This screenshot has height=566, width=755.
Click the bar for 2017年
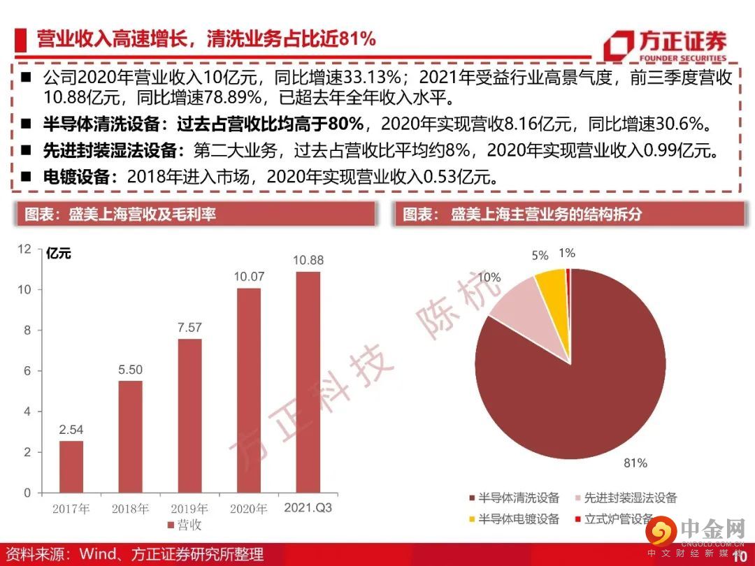pyautogui.click(x=71, y=466)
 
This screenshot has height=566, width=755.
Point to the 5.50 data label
pyautogui.click(x=130, y=369)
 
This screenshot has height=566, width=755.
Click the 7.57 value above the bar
pyautogui.click(x=189, y=327)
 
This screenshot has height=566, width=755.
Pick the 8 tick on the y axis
pyautogui.click(x=27, y=331)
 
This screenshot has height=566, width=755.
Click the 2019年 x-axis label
pyautogui.click(x=189, y=509)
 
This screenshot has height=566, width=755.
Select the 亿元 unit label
pyautogui.click(x=58, y=254)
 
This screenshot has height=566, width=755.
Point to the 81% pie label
pyautogui.click(x=635, y=463)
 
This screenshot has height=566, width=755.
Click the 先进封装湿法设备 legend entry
pyautogui.click(x=625, y=498)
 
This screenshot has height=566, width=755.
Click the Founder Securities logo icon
pyautogui.click(x=619, y=45)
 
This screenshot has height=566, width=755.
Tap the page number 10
pyautogui.click(x=739, y=556)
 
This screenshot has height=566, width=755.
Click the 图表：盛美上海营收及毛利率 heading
pyautogui.click(x=120, y=214)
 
